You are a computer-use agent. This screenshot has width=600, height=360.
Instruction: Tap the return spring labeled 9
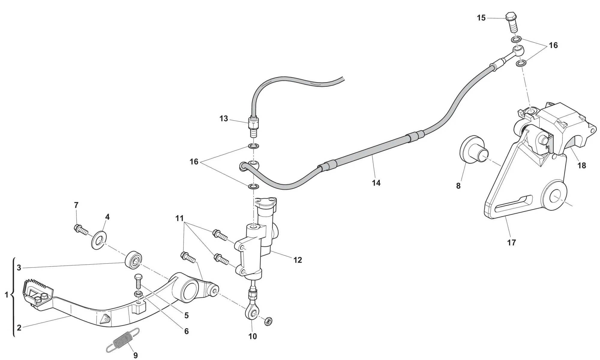tap(123, 340)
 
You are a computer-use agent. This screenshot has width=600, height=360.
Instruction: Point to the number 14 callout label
tap(376, 183)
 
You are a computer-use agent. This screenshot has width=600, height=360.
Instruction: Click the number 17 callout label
tap(511, 242)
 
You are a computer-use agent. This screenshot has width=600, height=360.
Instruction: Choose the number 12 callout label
tap(297, 260)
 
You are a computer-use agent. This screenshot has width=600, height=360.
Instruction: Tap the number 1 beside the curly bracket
tap(7, 295)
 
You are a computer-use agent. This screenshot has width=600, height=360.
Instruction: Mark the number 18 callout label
tap(581, 165)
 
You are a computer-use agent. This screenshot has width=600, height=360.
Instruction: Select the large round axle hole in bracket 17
tap(555, 198)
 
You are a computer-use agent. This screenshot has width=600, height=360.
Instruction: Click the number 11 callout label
tap(179, 218)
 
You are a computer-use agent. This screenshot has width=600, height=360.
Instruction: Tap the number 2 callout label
tap(19, 328)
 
